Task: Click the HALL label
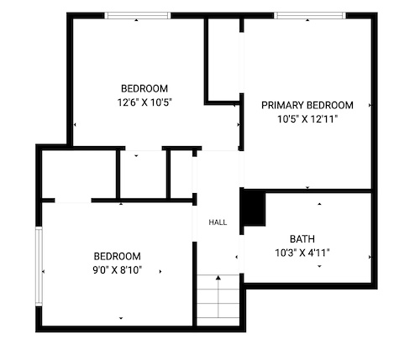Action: pos(218,222)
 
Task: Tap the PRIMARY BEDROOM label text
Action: pos(307,105)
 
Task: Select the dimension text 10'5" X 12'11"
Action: pos(307,119)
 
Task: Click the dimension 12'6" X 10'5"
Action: pos(144,102)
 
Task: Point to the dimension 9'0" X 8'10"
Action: pos(118,270)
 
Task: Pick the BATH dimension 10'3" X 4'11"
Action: pos(302,253)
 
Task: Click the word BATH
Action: pos(302,239)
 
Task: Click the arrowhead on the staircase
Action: pos(218,278)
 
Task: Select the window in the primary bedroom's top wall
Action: pos(309,15)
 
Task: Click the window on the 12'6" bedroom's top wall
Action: pos(138,15)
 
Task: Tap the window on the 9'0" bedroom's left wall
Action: pos(39,266)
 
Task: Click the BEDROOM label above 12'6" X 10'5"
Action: pos(144,89)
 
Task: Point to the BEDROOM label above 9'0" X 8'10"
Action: pos(118,256)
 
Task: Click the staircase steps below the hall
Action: pos(218,300)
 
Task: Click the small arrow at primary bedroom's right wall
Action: pos(370,106)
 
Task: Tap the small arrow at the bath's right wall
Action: pos(370,257)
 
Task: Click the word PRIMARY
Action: pos(282,105)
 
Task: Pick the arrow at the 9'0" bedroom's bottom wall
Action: pos(121,318)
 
